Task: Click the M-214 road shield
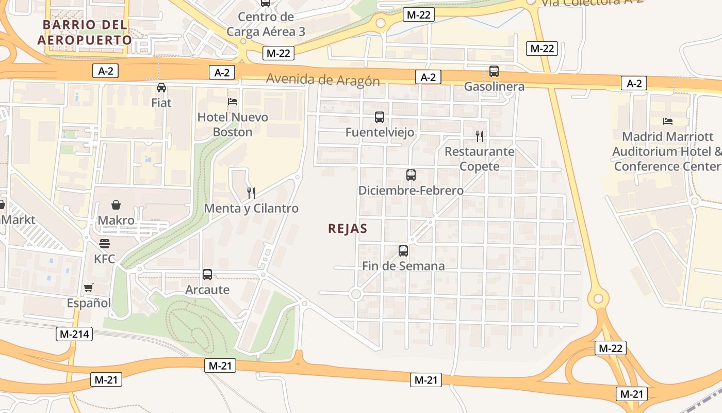tap(74, 334)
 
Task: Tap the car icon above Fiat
tap(161, 88)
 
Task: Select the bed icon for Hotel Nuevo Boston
tap(233, 102)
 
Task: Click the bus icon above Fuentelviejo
tap(380, 117)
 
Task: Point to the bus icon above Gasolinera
tap(494, 71)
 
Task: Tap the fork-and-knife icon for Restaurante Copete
tap(480, 136)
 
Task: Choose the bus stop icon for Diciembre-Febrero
tap(411, 175)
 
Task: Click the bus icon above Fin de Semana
tap(403, 251)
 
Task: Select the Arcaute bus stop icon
tap(207, 275)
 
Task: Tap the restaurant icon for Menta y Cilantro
tap(251, 193)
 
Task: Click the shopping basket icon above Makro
tap(116, 205)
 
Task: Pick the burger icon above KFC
tap(105, 244)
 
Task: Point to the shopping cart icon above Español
tap(89, 288)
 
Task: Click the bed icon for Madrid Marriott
tap(668, 121)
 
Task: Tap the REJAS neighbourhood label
tap(348, 229)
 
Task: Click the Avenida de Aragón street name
tap(323, 80)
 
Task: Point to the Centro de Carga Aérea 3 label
tap(266, 24)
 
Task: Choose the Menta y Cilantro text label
tap(251, 209)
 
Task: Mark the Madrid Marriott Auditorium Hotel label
tap(667, 152)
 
